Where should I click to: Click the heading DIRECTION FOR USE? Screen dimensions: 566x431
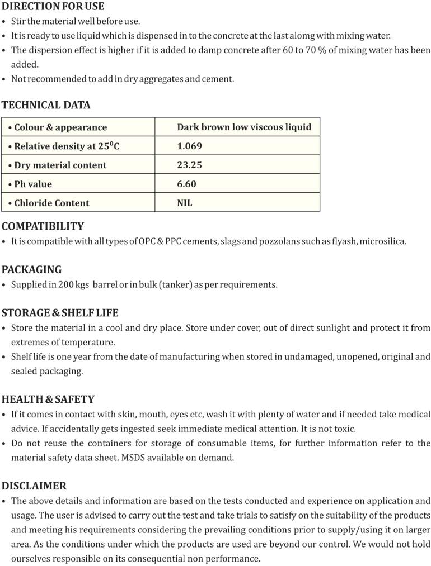point(53,7)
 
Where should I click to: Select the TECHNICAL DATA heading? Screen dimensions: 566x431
point(45,105)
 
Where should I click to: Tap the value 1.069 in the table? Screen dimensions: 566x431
point(189,146)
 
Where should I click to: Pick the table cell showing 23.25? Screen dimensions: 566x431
point(189,165)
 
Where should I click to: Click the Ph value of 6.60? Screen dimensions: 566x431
point(186,184)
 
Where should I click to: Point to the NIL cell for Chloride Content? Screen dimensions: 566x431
point(184,203)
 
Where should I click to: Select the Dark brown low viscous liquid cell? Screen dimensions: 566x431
point(244,127)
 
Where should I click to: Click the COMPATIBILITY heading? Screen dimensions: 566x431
point(43,226)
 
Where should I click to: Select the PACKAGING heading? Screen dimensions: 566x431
point(31,269)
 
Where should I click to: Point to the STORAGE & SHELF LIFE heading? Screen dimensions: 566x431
point(60,312)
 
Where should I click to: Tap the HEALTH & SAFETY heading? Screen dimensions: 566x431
point(48,399)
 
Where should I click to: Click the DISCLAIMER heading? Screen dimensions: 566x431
point(34,486)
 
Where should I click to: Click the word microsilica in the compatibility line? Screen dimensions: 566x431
point(382,241)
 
